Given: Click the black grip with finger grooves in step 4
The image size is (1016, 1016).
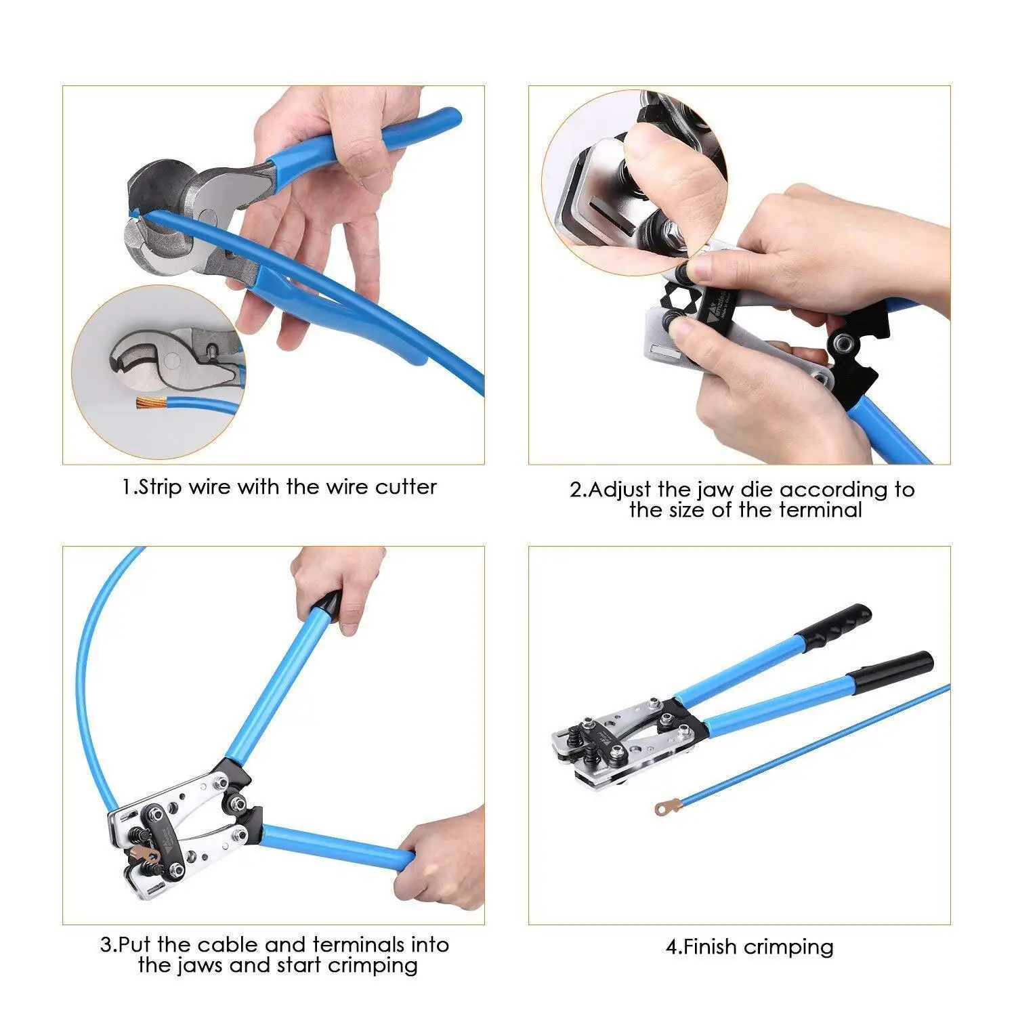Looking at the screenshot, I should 837,624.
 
